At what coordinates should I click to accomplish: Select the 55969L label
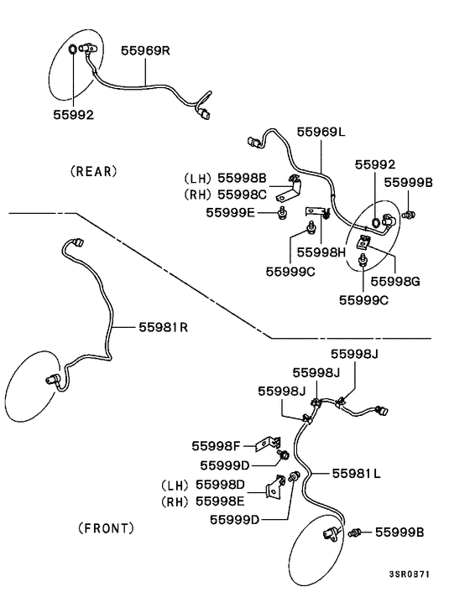[x=321, y=132]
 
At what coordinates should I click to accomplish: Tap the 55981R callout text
[x=163, y=326]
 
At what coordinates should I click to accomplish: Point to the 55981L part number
[x=356, y=474]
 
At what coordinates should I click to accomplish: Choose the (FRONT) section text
[x=106, y=528]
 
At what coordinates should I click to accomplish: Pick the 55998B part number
[x=243, y=178]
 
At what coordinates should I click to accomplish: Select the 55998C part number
[x=243, y=195]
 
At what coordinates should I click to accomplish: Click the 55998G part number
[x=394, y=281]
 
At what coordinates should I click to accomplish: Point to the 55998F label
[x=217, y=446]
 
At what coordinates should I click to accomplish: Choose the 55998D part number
[x=220, y=485]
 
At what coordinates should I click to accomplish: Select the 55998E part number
[x=220, y=501]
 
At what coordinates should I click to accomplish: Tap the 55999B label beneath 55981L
[x=399, y=532]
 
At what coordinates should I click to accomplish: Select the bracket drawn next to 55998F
[x=271, y=442]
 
